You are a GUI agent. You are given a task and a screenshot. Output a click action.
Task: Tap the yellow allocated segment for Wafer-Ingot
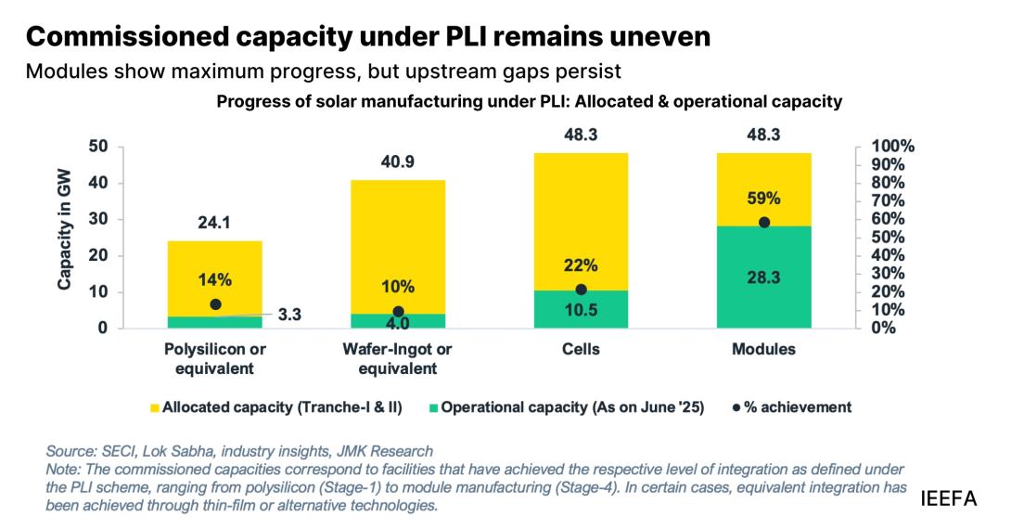(398, 232)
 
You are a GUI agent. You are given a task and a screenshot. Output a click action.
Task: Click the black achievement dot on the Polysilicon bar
(215, 304)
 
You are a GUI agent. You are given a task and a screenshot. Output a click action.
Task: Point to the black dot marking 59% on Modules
(764, 223)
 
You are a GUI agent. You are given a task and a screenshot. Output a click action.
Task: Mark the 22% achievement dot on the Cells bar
(582, 290)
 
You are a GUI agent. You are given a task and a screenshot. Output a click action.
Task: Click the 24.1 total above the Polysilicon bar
(214, 223)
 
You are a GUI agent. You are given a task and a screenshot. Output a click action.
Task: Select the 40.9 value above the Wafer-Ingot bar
(398, 162)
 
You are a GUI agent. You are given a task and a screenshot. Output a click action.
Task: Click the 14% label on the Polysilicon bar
(214, 279)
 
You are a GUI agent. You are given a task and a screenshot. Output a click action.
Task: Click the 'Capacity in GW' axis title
(65, 238)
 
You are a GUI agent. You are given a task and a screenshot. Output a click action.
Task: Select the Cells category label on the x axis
(581, 350)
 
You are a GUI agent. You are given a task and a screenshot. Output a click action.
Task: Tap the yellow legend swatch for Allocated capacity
(154, 407)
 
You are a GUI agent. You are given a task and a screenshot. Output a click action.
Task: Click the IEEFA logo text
(949, 499)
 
